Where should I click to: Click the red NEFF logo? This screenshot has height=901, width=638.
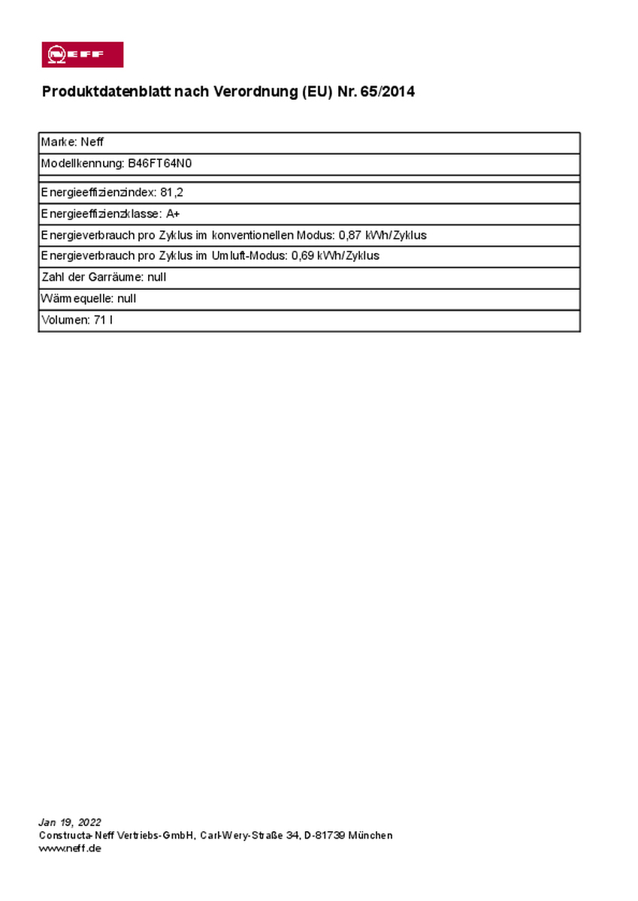point(81,55)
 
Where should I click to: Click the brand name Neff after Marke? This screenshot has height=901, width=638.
point(92,142)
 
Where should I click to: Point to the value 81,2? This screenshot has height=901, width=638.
point(171,192)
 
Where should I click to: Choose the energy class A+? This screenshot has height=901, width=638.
point(173,213)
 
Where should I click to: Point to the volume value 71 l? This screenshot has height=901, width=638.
point(103,320)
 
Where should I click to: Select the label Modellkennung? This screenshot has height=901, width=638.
point(81,163)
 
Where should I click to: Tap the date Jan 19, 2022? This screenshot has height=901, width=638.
point(70,822)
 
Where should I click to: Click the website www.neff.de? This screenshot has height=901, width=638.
point(70,848)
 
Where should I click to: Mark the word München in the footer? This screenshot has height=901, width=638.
point(370,836)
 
